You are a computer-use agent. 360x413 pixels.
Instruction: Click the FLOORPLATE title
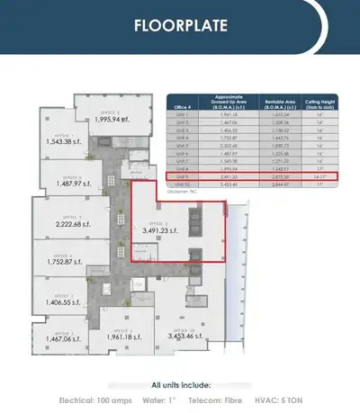180,25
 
